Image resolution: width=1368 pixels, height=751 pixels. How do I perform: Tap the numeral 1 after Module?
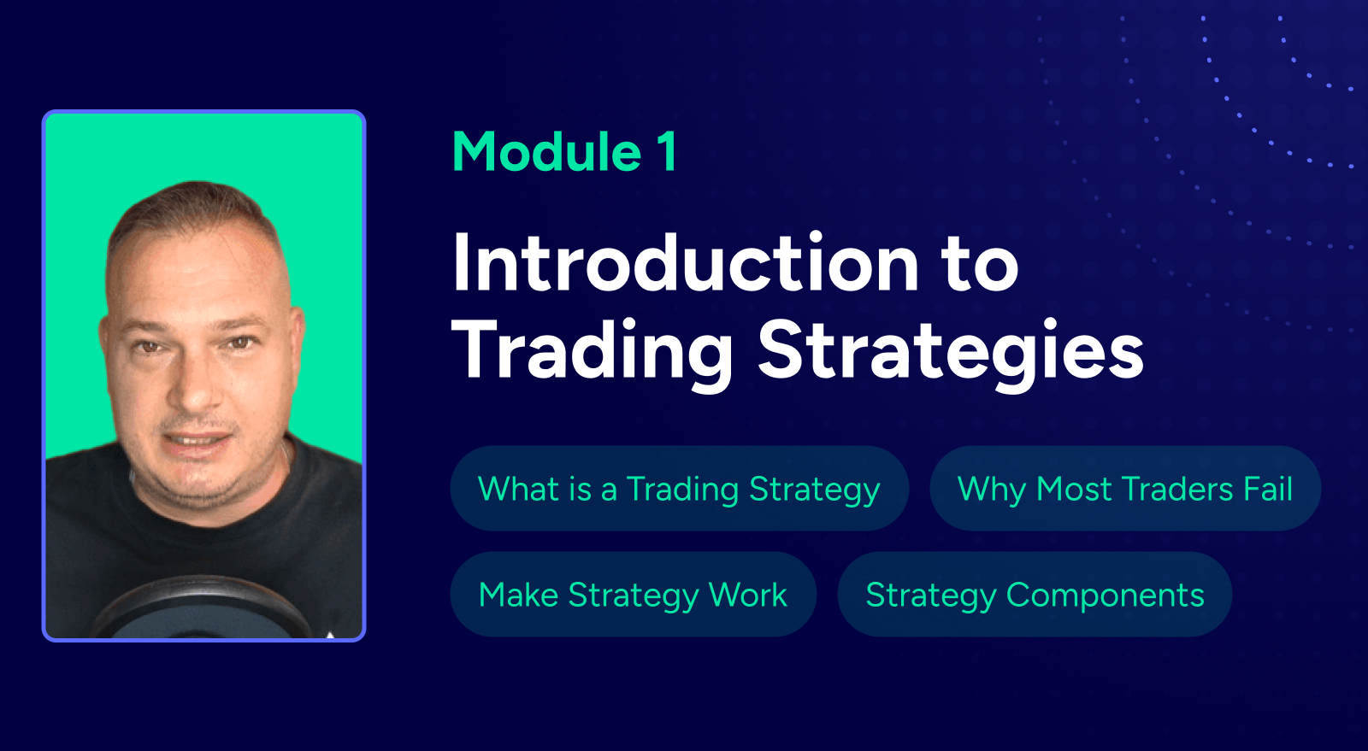click(x=668, y=152)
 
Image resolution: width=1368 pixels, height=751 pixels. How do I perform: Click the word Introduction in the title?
click(x=685, y=261)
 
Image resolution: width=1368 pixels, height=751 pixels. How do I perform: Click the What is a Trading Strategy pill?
click(x=679, y=488)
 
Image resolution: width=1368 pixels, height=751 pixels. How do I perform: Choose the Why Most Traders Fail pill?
click(x=1125, y=488)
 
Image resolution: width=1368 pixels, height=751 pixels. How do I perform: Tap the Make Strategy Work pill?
click(x=634, y=594)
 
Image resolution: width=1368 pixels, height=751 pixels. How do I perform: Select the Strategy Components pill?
click(x=1035, y=594)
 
